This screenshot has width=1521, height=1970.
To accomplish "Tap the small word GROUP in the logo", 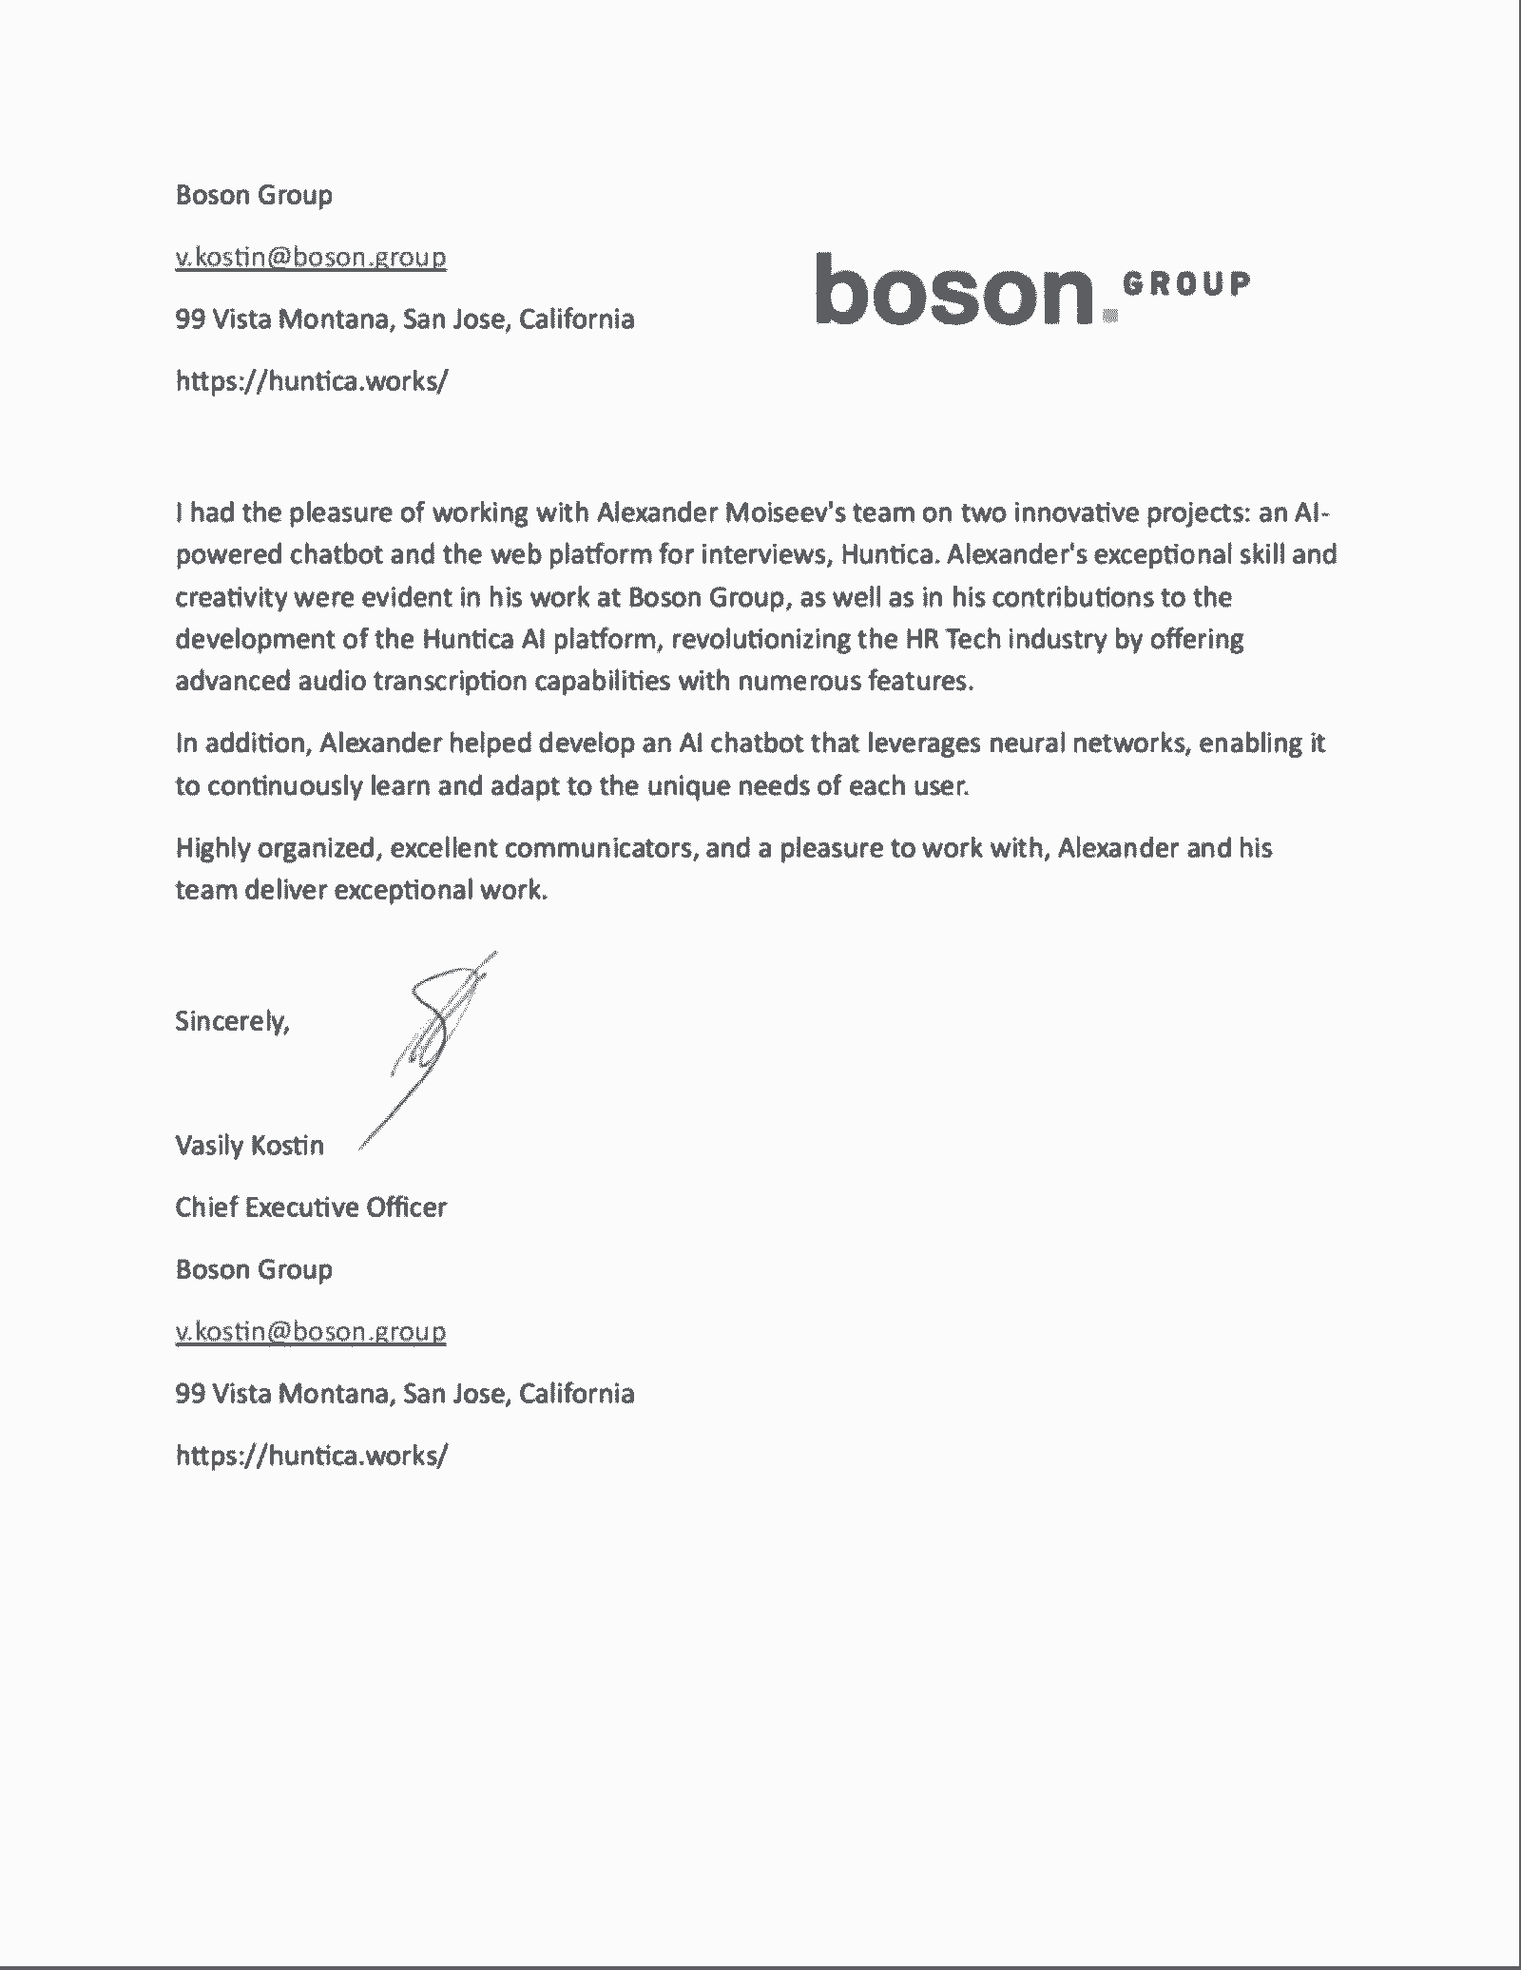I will [1186, 282].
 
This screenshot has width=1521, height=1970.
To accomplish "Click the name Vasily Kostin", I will [249, 1145].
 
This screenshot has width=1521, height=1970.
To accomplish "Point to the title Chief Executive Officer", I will [311, 1207].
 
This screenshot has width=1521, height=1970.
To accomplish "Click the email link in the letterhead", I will [311, 257].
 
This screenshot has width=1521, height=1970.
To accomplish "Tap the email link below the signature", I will [311, 1331].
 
